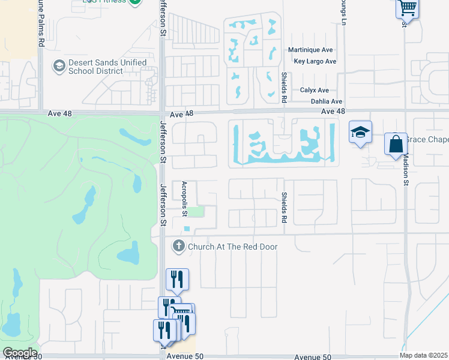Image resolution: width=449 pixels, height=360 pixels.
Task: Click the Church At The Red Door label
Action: [233, 247]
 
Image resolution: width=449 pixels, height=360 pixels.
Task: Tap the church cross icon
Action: [178, 246]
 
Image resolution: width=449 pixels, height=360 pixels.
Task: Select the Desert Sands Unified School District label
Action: [107, 67]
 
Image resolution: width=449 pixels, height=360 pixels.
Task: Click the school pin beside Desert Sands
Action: [59, 66]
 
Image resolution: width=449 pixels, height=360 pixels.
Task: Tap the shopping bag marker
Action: [396, 144]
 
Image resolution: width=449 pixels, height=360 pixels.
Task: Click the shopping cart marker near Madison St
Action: [407, 8]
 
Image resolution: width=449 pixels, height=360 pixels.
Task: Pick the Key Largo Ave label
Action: [315, 61]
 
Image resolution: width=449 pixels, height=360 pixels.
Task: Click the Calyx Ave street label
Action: [315, 90]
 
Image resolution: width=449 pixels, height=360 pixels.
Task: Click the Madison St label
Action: [406, 168]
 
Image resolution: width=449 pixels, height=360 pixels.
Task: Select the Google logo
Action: [20, 352]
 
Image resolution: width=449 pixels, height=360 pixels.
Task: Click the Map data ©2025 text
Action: [423, 355]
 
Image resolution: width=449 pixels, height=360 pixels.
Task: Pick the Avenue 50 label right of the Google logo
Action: [185, 356]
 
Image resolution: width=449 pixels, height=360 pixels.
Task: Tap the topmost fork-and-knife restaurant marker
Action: [178, 278]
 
